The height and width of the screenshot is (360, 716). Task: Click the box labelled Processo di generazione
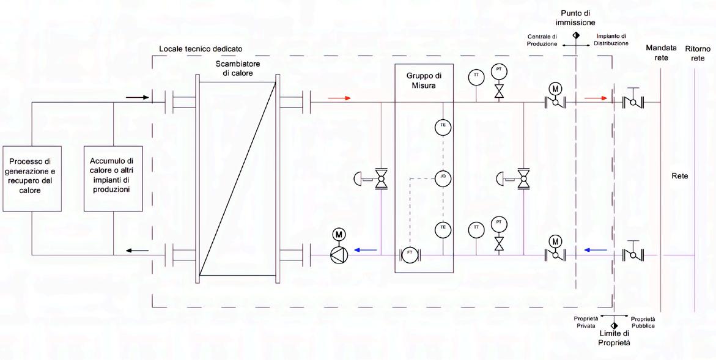pos(31,178)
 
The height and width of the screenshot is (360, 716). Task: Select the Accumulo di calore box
pos(113,178)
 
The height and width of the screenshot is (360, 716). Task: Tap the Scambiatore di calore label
pos(237,69)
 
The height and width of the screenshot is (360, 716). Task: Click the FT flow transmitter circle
pos(408,255)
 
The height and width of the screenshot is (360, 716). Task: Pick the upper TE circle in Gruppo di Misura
pos(442,127)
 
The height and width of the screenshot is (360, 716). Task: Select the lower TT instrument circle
pos(475,229)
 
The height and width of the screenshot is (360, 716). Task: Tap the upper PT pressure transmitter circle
pos(499,70)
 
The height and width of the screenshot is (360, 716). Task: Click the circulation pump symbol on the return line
pos(338,255)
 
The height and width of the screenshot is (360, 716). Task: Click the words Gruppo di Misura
pos(424,81)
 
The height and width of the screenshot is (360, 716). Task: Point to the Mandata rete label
pos(661,53)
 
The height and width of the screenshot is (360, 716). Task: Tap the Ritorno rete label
pos(698,53)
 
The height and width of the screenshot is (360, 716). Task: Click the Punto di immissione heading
pos(575,18)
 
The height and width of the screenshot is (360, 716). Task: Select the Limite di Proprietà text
pos(614,338)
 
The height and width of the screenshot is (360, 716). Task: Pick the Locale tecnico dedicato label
pos(201,48)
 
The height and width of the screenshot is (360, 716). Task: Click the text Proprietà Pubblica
pos(643,322)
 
